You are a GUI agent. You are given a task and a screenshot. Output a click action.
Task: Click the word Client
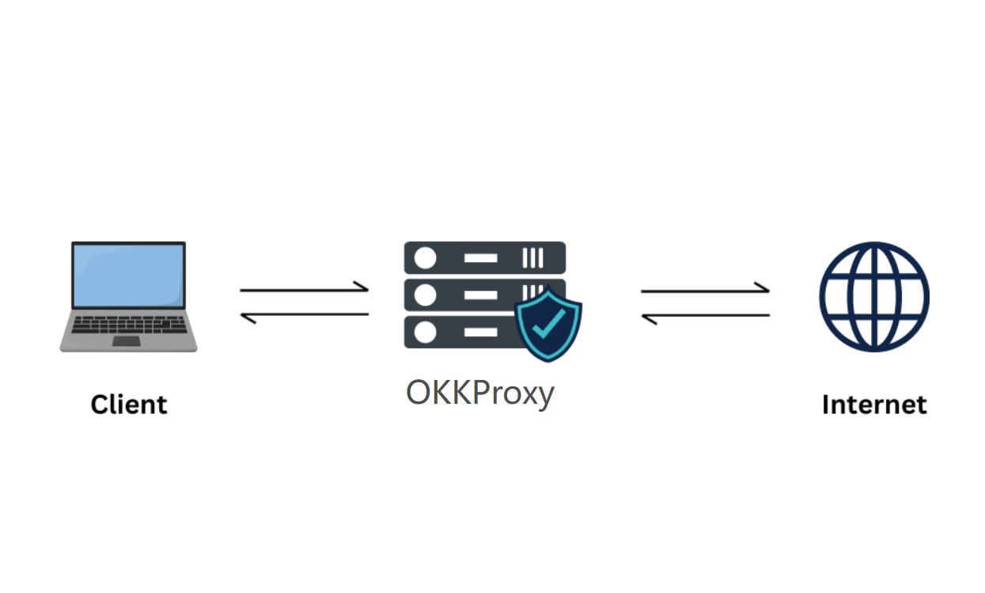point(129,405)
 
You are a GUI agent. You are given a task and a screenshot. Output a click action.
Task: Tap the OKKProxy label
point(479,393)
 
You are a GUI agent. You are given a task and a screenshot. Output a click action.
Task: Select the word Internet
point(873,405)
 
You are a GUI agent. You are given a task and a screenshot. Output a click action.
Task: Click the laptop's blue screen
point(128,275)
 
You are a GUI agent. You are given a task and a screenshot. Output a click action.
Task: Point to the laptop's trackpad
point(126,341)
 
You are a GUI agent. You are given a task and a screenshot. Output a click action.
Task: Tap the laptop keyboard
point(127,325)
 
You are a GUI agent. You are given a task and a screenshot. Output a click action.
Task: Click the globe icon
point(873,296)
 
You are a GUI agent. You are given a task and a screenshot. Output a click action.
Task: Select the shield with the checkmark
point(548,324)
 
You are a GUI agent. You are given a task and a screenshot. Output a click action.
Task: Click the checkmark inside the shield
point(548,322)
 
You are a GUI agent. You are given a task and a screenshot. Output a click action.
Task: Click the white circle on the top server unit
point(426,258)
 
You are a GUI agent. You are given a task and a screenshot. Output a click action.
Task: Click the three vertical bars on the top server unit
point(532,258)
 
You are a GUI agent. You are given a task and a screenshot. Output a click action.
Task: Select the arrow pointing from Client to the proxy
point(305,289)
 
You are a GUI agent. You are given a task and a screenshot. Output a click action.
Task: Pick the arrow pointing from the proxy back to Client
point(305,316)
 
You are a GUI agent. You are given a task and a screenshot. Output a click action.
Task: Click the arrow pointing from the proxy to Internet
point(705,290)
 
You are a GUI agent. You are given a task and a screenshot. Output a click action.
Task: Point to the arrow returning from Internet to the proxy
point(705,317)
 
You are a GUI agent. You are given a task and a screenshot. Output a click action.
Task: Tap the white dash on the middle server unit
point(480,295)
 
